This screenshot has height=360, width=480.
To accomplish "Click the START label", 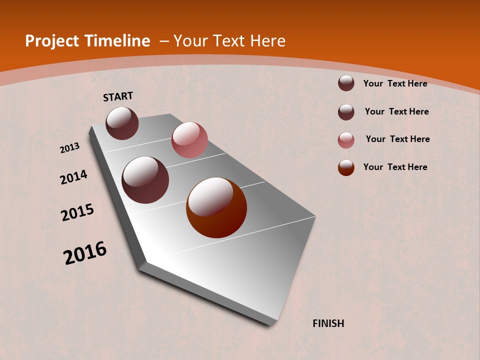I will (118, 96).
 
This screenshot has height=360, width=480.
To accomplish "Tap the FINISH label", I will (328, 323).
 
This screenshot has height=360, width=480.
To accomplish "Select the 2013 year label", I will (70, 148).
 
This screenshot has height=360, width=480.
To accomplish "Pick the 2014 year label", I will (74, 177).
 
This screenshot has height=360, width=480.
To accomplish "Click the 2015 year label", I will (77, 213).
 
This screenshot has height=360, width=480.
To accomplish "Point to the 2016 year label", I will (85, 253).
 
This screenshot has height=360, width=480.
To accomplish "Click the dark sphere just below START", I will (122, 123).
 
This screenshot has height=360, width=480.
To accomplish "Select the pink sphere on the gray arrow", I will (189, 140).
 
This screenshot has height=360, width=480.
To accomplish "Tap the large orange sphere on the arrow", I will (216, 207).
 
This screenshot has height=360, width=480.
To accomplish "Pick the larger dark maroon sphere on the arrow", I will (145, 180).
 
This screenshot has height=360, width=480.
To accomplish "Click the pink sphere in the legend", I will (346, 140).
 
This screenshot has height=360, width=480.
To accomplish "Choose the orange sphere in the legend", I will (346, 167).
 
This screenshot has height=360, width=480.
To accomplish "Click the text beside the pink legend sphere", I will (397, 139).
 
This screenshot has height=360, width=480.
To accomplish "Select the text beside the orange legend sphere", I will (395, 167).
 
